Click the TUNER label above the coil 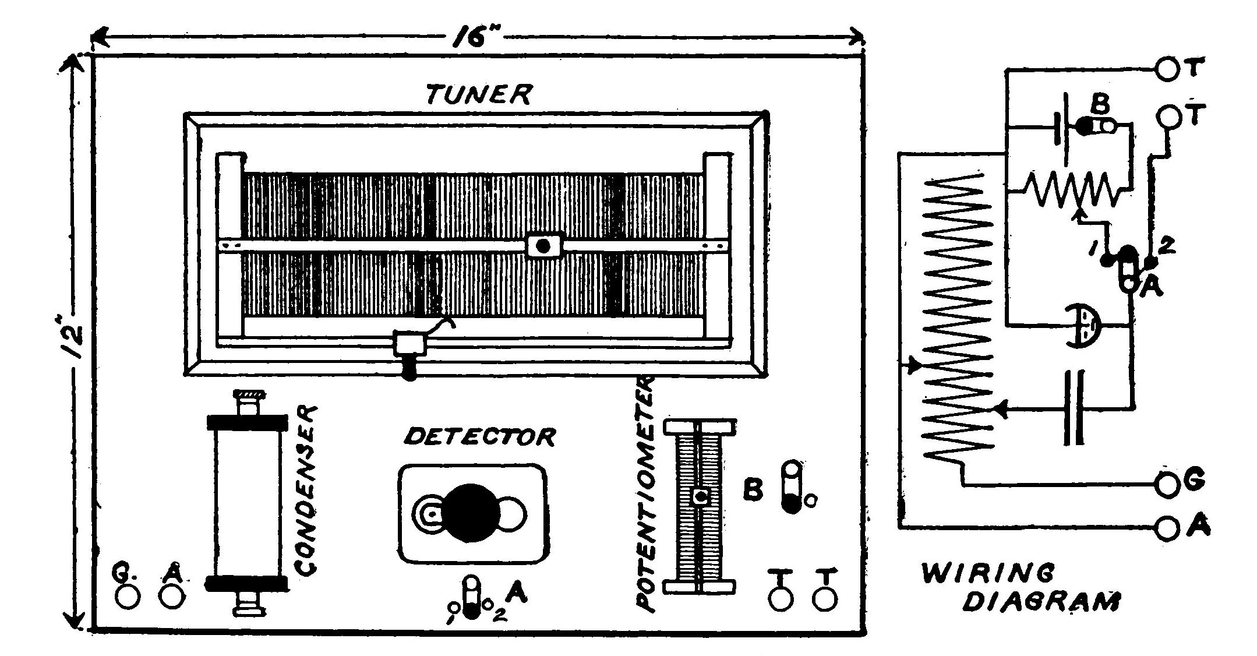(479, 94)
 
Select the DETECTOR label (479, 436)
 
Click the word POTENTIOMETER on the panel (645, 493)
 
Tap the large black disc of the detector (472, 514)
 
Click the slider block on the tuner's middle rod (543, 246)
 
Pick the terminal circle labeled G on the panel (127, 597)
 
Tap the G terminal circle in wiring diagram (1166, 484)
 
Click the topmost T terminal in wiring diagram (1167, 70)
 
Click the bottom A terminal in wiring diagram (1167, 528)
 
